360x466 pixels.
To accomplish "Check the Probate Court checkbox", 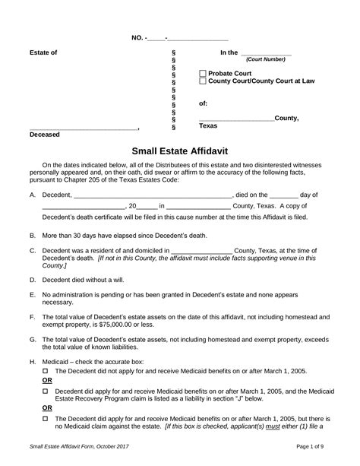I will click(x=202, y=74).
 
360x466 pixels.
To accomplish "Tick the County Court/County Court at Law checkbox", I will click(x=202, y=81).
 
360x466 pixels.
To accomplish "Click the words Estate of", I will click(x=43, y=52).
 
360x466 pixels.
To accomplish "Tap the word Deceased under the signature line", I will click(x=45, y=135).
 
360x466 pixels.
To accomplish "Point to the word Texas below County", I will click(x=208, y=125).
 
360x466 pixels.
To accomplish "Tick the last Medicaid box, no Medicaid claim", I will click(x=45, y=418).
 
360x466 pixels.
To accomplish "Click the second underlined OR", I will click(x=47, y=408).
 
